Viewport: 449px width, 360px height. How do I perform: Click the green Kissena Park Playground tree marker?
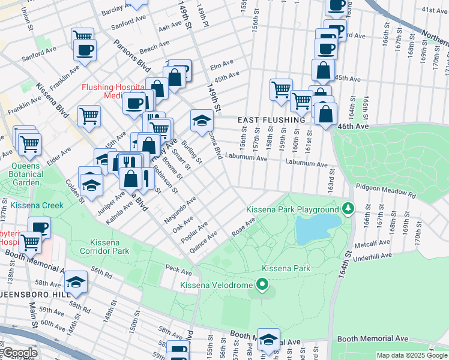pyautogui.click(x=348, y=209)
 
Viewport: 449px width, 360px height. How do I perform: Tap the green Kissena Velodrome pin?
pyautogui.click(x=262, y=283)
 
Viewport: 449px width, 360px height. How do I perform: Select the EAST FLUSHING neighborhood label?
pyautogui.click(x=271, y=120)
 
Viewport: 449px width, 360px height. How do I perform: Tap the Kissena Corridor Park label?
pyautogui.click(x=105, y=245)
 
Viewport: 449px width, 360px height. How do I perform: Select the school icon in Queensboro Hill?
pyautogui.click(x=76, y=283)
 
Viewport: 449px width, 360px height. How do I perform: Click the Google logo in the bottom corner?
pyautogui.click(x=20, y=353)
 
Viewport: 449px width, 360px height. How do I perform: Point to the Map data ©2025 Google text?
pyautogui.click(x=411, y=355)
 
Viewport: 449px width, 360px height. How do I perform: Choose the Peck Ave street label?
pyautogui.click(x=178, y=271)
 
